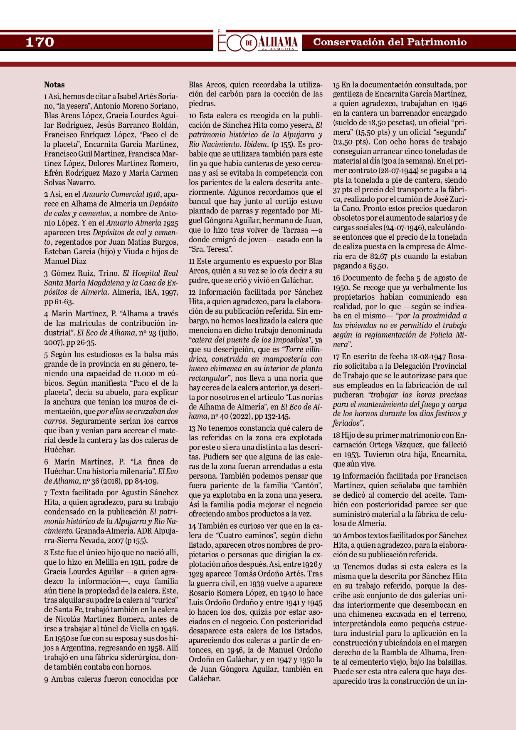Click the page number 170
point(40,42)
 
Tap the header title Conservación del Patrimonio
point(390,42)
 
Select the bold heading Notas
point(54,84)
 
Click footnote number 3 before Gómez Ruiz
point(46,273)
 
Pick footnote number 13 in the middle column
point(192,428)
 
